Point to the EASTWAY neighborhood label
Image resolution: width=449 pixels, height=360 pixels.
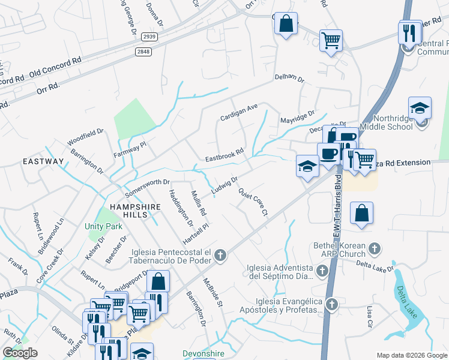click(x=43, y=161)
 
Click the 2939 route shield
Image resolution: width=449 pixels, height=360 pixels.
click(x=150, y=37)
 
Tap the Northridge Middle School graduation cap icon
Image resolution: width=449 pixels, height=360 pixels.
click(x=420, y=109)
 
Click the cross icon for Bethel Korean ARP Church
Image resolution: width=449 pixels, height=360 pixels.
click(x=375, y=248)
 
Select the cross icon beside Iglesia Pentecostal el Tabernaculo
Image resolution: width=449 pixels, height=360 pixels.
click(x=220, y=256)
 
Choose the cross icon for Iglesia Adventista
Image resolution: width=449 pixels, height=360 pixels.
click(x=322, y=272)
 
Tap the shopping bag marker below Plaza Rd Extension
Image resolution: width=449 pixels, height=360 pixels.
click(x=361, y=214)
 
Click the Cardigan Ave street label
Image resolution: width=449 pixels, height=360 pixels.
click(x=238, y=111)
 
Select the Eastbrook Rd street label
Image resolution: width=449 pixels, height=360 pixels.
click(x=224, y=155)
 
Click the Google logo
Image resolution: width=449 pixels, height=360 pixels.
click(x=20, y=352)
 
